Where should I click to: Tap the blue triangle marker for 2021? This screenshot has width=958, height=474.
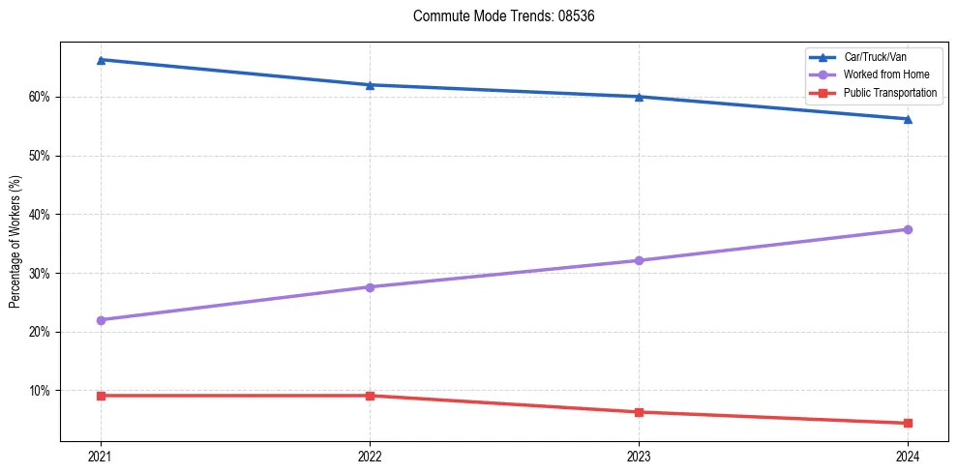point(101,60)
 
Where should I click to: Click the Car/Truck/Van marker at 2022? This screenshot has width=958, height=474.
point(370,85)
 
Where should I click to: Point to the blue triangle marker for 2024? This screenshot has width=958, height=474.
point(908,119)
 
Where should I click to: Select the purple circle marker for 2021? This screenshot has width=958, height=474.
point(101,320)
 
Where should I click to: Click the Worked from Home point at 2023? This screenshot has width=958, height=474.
point(639,260)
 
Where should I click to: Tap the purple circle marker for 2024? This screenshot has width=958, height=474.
point(908,229)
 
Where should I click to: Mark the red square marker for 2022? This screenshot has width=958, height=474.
point(370,396)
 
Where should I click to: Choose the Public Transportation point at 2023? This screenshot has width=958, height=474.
point(639,412)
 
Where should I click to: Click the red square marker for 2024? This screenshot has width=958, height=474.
point(908,423)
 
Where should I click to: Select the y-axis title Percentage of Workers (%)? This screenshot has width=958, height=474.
point(15,242)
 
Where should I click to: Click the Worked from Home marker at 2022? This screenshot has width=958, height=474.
point(370,287)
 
